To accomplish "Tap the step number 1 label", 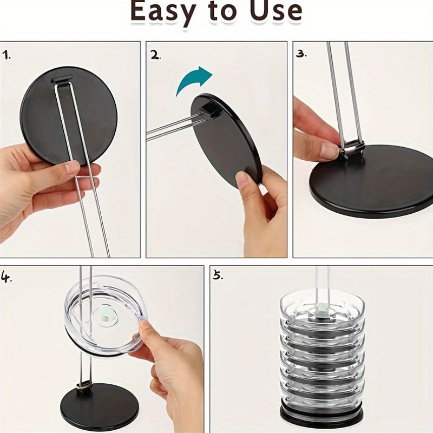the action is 7,55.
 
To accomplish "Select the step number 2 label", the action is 155,55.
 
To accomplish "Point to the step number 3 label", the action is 301,54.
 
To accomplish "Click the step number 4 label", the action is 6,277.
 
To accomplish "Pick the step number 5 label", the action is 218,275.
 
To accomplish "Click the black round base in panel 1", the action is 69,116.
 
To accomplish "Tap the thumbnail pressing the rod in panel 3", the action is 330,150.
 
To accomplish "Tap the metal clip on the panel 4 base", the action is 84,385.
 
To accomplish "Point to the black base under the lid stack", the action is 322,414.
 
